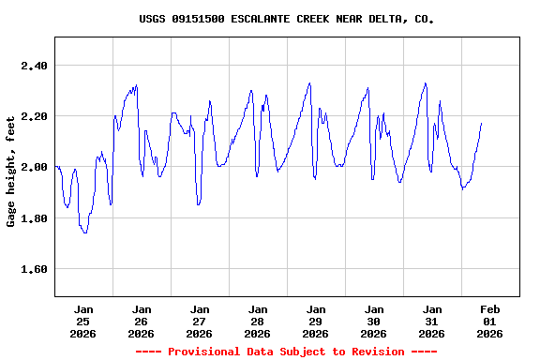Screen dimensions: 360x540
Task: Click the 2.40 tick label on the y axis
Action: click(34, 66)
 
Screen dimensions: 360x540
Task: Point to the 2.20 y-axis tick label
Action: click(34, 116)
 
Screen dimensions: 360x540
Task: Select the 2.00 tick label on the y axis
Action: click(34, 167)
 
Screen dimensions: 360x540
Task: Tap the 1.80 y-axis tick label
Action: click(34, 218)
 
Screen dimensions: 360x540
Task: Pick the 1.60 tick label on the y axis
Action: click(34, 269)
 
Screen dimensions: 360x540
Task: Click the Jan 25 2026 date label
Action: click(83, 321)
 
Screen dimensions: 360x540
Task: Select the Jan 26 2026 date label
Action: click(142, 321)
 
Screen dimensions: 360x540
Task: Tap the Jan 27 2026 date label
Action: click(200, 321)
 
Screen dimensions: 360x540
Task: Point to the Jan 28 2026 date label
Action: click(258, 321)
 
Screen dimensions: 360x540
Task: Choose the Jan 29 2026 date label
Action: click(316, 321)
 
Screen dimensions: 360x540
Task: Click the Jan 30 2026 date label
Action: click(374, 321)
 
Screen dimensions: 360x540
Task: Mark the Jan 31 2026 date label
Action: click(432, 321)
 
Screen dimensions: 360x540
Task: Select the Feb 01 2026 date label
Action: click(490, 321)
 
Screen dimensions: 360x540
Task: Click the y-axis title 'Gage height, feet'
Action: click(11, 167)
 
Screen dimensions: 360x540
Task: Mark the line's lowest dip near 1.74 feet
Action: click(85, 232)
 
